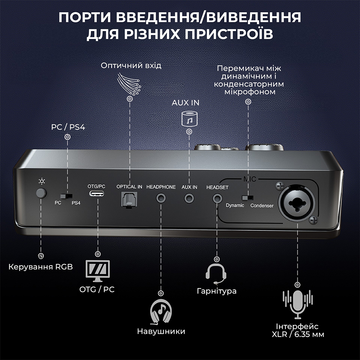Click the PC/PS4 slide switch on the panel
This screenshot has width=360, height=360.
pyautogui.click(x=66, y=196)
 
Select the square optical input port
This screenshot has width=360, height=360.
pyautogui.click(x=129, y=199)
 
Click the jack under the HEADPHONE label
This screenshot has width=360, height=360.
pyautogui.click(x=161, y=197)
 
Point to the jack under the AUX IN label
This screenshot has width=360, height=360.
pyautogui.click(x=189, y=197)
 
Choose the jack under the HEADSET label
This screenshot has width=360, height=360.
pyautogui.click(x=217, y=197)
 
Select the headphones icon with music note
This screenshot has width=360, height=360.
pyautogui.click(x=161, y=312)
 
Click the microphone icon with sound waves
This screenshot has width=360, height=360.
pyautogui.click(x=298, y=305)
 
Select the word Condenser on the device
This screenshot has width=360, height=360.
pyautogui.click(x=262, y=206)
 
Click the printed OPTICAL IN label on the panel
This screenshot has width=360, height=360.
pyautogui.click(x=129, y=187)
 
